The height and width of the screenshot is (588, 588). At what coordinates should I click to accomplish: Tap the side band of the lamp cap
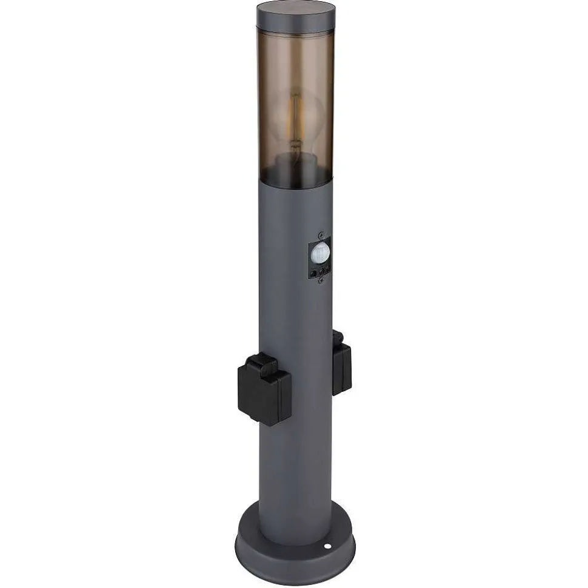(x=296, y=25)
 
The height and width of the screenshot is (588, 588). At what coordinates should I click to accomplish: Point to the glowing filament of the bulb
(x=296, y=121)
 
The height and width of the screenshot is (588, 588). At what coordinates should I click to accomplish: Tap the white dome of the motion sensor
(x=319, y=254)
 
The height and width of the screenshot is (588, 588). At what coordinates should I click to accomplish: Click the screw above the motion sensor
(x=321, y=234)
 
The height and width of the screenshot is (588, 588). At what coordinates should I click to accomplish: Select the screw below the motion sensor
(x=321, y=280)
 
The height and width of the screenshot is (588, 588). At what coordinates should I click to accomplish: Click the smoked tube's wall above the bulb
(x=296, y=61)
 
